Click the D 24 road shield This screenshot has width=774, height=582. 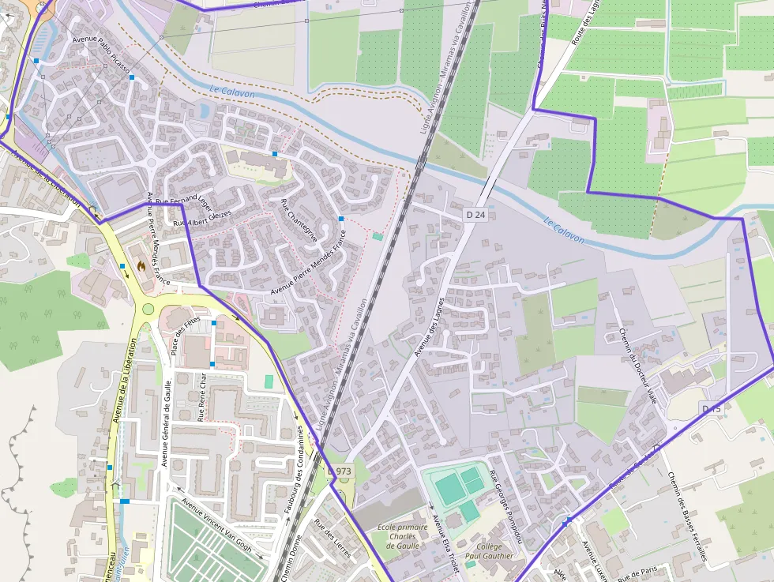tap(475, 214)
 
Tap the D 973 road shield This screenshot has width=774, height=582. tap(339, 471)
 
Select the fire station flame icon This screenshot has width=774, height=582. tap(141, 267)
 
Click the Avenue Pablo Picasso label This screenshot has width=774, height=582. tap(100, 56)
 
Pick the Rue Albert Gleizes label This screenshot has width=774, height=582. tap(202, 220)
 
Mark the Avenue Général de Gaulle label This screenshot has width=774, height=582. tap(166, 422)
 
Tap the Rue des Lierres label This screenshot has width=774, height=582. tap(332, 539)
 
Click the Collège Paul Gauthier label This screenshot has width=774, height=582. tap(490, 550)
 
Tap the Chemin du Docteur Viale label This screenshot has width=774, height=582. tap(639, 366)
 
